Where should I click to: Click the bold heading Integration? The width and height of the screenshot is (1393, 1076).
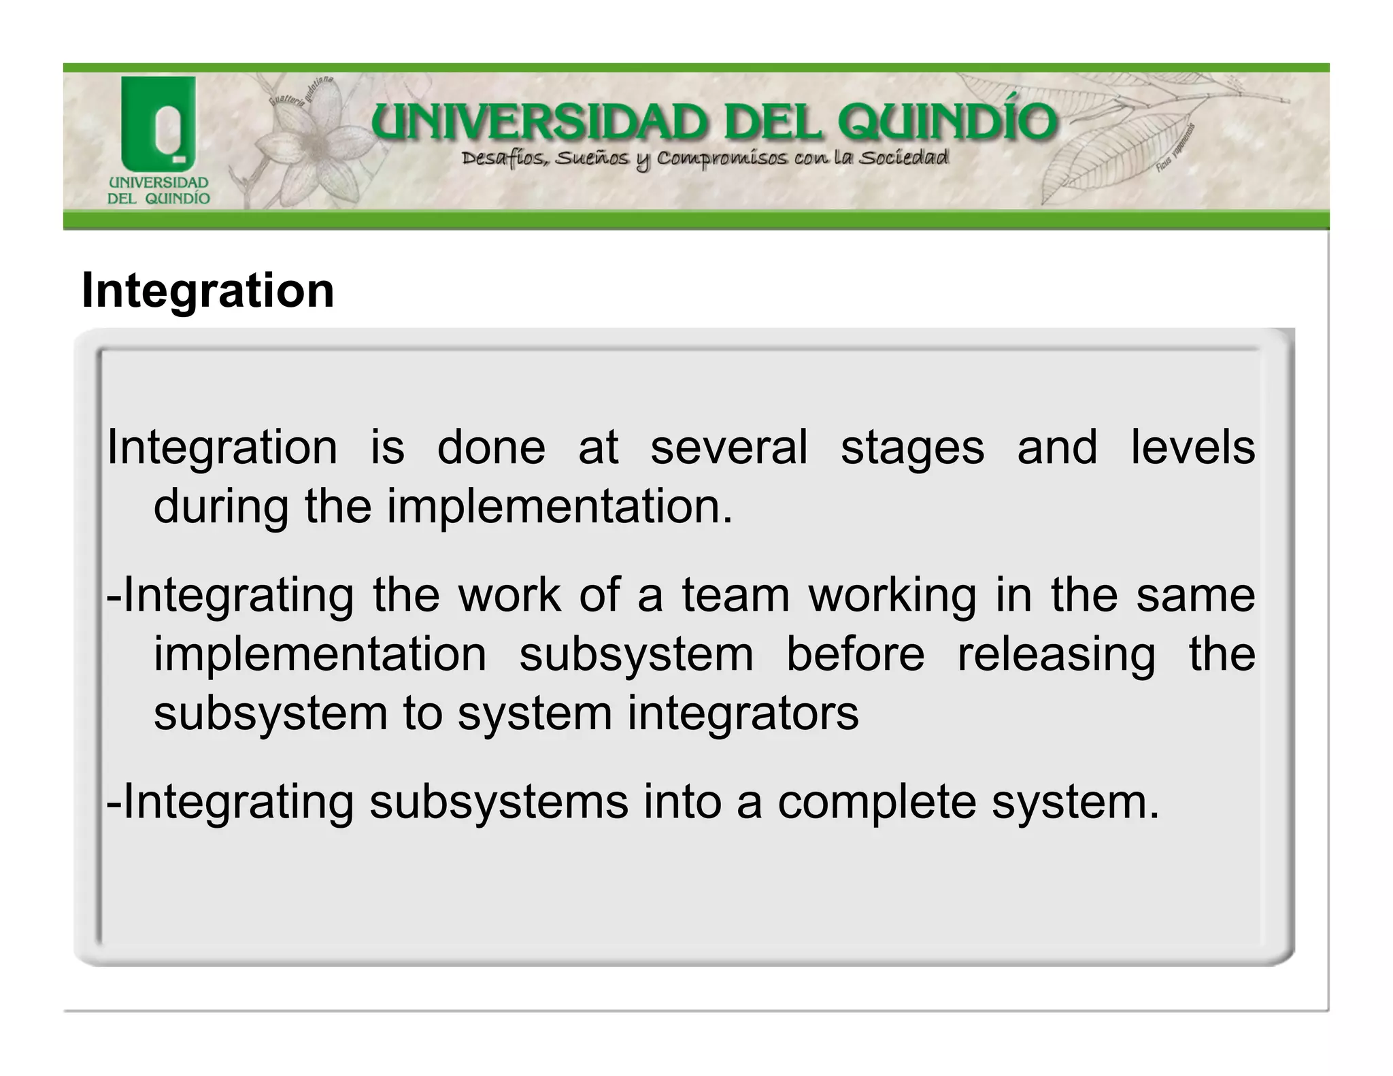[207, 290]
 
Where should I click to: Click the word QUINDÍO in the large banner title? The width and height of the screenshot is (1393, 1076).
[947, 123]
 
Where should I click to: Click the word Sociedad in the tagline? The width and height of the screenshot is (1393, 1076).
[903, 158]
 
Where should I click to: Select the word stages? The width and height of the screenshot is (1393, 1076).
[912, 449]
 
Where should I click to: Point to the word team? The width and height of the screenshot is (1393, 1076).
[736, 594]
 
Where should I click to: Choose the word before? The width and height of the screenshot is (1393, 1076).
[855, 654]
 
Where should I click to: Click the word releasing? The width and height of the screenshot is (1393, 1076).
[1056, 656]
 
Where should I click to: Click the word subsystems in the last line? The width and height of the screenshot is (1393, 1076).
[499, 803]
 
